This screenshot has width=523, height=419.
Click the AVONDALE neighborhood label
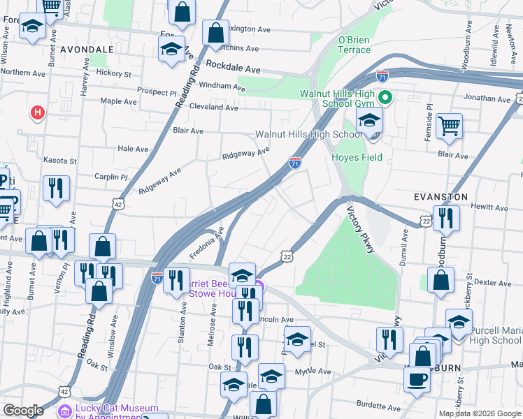pos(87,50)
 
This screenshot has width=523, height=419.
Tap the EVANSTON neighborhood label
pos(440,197)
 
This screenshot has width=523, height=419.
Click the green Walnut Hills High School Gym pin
pos(384,98)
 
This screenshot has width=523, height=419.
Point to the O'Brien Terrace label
pos(354,45)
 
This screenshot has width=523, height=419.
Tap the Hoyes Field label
pos(357,157)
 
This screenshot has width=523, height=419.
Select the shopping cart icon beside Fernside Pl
pos(449,126)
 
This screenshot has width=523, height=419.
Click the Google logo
pos(23,411)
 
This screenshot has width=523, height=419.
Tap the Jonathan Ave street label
pos(486,100)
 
